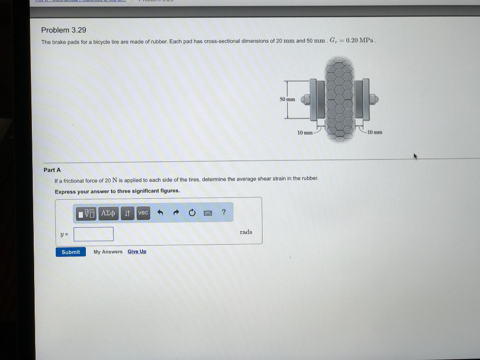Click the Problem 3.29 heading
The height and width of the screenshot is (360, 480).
(64, 30)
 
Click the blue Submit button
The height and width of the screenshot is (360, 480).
(71, 252)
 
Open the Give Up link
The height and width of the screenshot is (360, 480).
(137, 252)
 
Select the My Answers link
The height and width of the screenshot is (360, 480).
(108, 252)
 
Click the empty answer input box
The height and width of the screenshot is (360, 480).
(93, 233)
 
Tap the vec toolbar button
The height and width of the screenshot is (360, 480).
(143, 213)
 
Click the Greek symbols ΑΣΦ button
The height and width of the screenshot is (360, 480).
(108, 213)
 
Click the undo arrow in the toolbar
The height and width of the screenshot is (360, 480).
(160, 213)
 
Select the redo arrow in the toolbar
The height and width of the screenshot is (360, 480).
(176, 213)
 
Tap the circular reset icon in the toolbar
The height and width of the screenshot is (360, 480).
(192, 213)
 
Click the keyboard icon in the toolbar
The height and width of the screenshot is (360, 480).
(208, 213)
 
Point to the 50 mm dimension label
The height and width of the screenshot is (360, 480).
(287, 99)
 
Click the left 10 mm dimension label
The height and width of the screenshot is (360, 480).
(305, 133)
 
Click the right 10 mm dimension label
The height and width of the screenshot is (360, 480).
(375, 132)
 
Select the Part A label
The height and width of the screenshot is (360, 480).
(52, 170)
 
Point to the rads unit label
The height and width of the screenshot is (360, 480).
(246, 232)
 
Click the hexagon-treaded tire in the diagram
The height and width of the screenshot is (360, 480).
(340, 98)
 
